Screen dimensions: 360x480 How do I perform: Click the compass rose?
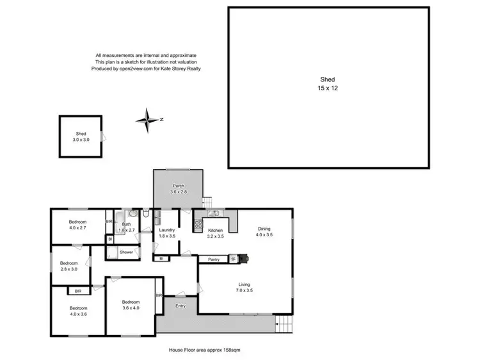tap(148, 120)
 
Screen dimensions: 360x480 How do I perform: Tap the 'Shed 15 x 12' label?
tap(328, 84)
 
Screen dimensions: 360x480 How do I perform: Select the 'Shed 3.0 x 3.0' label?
tap(81, 136)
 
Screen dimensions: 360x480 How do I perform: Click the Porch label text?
tap(178, 188)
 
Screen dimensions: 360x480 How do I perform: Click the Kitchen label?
tap(215, 233)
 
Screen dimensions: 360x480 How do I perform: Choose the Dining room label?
tap(264, 231)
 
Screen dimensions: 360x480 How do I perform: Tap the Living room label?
tap(244, 287)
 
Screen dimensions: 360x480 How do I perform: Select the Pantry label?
tap(214, 259)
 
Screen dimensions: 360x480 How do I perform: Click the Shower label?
tap(126, 252)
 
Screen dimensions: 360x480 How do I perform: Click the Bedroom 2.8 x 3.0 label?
tap(68, 266)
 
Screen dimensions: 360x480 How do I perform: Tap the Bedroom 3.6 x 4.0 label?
tap(131, 304)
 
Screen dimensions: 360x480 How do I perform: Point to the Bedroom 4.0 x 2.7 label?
tap(77, 224)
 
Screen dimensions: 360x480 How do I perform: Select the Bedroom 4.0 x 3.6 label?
tap(77, 311)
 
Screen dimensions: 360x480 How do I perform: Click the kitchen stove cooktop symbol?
tap(198, 224)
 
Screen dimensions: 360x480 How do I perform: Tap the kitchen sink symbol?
tap(213, 214)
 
